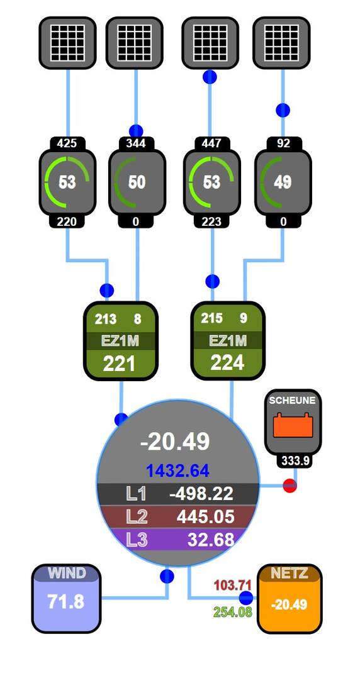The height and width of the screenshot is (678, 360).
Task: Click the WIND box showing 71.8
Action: click(x=66, y=599)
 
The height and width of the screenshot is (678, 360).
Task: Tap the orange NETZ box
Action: click(x=290, y=599)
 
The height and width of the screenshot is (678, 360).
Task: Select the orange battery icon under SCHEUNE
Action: click(x=293, y=425)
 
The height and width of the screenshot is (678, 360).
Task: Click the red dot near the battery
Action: click(x=290, y=486)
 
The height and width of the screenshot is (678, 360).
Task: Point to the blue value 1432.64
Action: click(x=178, y=470)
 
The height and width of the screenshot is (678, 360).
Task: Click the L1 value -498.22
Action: click(x=201, y=493)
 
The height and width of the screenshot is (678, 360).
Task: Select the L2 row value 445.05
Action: click(x=206, y=517)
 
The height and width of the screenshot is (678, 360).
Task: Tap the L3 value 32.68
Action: click(x=211, y=539)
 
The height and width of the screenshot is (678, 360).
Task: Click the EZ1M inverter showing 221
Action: click(x=120, y=341)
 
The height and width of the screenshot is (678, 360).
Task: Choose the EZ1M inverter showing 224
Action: click(x=228, y=340)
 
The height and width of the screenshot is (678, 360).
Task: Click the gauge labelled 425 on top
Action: click(x=67, y=182)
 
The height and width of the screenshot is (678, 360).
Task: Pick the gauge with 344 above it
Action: click(x=137, y=182)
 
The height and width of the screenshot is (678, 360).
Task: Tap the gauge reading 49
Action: click(x=283, y=182)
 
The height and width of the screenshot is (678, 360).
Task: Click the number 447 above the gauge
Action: click(x=211, y=143)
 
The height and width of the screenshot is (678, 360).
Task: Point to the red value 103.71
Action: click(x=233, y=586)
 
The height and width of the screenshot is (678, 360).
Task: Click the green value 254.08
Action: click(x=233, y=612)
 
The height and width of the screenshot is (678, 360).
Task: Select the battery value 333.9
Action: click(x=295, y=461)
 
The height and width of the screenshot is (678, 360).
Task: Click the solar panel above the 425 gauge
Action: click(x=67, y=43)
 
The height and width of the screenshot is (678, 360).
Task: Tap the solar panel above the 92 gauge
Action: click(x=282, y=43)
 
